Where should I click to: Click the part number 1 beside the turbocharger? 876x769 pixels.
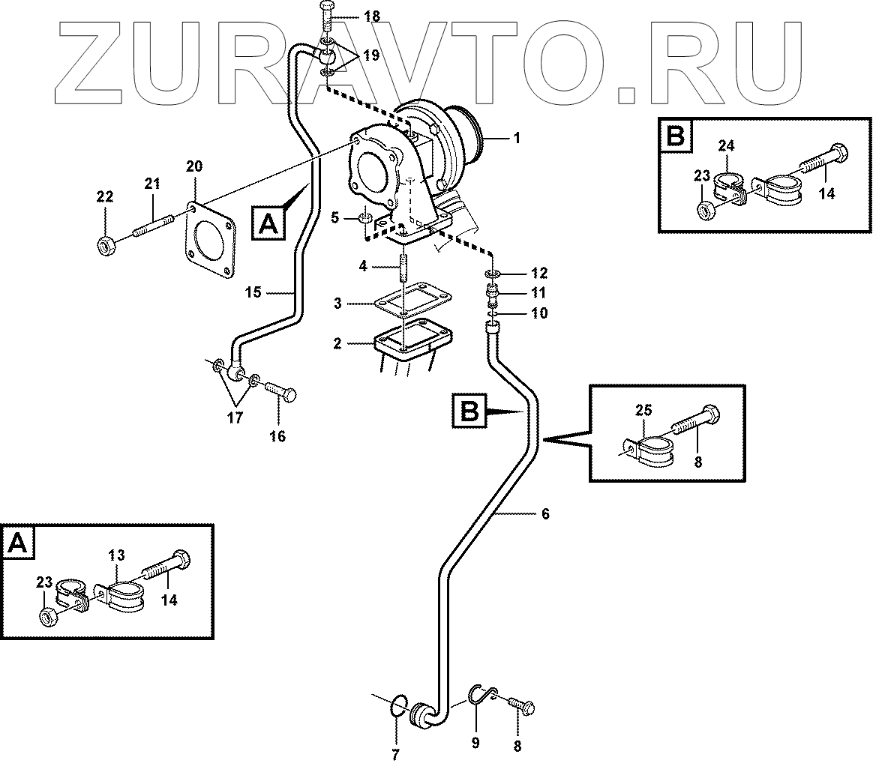pos(516,139)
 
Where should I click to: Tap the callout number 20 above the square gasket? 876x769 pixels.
pos(194,167)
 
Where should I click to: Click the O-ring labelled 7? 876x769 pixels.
pos(400,705)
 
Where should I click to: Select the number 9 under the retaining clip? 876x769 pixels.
pos(474,743)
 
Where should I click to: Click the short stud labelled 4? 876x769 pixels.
pos(403,268)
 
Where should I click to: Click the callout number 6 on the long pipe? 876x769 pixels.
pos(545,513)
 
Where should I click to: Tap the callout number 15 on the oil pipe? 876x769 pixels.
pos(253,292)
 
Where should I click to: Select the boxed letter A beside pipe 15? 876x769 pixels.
pos(268,223)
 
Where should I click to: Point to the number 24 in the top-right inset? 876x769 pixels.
pos(727,145)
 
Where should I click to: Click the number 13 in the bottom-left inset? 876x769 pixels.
pos(115,555)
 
